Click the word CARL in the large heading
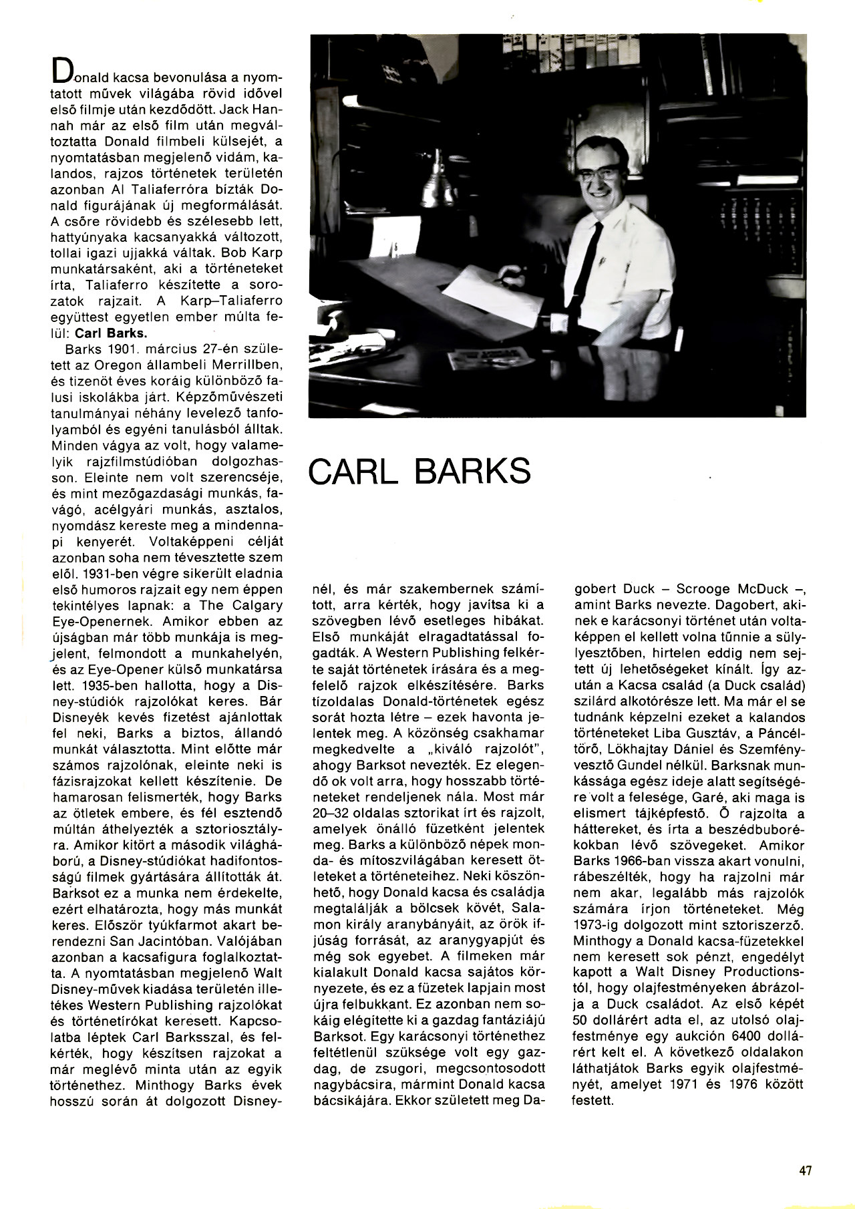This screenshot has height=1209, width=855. coord(353,472)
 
